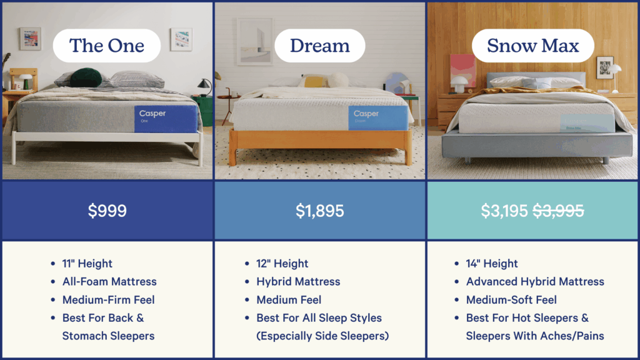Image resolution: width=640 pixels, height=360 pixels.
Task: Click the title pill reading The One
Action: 106,46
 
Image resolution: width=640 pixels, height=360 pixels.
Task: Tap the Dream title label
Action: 319,46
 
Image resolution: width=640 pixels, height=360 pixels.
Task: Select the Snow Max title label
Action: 532,46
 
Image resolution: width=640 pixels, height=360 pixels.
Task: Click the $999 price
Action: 107,211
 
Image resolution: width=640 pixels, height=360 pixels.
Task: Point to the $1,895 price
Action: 319,211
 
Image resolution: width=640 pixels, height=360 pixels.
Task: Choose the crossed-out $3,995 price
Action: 558,211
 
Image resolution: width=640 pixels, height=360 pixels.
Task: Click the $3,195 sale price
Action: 504,211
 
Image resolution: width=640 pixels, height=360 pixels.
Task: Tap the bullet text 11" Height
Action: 87,264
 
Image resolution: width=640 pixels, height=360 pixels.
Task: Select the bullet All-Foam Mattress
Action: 109,282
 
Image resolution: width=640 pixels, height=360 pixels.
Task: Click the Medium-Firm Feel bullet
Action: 109,300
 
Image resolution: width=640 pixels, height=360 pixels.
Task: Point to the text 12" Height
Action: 282,264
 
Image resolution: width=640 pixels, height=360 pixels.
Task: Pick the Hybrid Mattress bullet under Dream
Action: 298,282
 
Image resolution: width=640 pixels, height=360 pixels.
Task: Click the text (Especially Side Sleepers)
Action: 322,336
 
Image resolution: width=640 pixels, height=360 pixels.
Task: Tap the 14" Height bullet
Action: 492,264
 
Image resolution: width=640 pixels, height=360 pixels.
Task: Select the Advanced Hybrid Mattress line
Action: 535,282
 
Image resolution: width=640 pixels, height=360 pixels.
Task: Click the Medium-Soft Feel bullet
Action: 511,300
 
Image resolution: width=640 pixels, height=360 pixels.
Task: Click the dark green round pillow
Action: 86,77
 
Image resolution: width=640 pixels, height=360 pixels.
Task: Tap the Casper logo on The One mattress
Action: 152,114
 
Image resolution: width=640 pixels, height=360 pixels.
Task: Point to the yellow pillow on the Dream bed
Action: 314,82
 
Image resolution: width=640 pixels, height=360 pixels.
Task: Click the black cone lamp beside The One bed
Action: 204,84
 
